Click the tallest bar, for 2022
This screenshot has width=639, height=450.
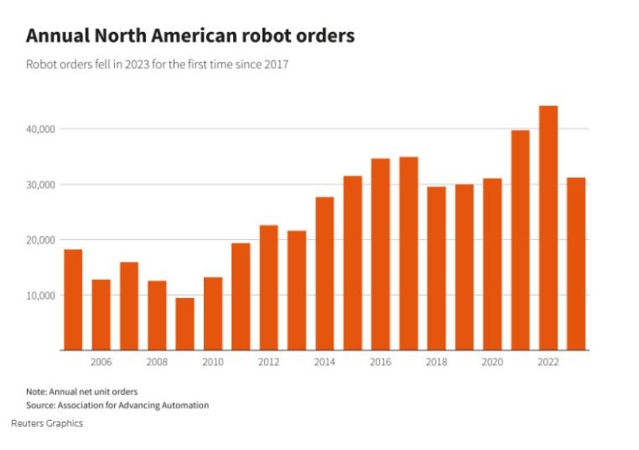pos(547,228)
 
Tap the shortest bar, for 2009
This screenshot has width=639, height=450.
pos(185,324)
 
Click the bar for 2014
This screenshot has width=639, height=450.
pos(325,273)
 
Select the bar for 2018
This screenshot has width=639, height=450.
pos(436,268)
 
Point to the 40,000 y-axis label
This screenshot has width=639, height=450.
pos(41,129)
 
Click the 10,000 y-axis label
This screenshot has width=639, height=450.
pos(41,295)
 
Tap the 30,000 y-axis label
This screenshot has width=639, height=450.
pos(41,185)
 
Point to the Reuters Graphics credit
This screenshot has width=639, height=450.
pos(47,424)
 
